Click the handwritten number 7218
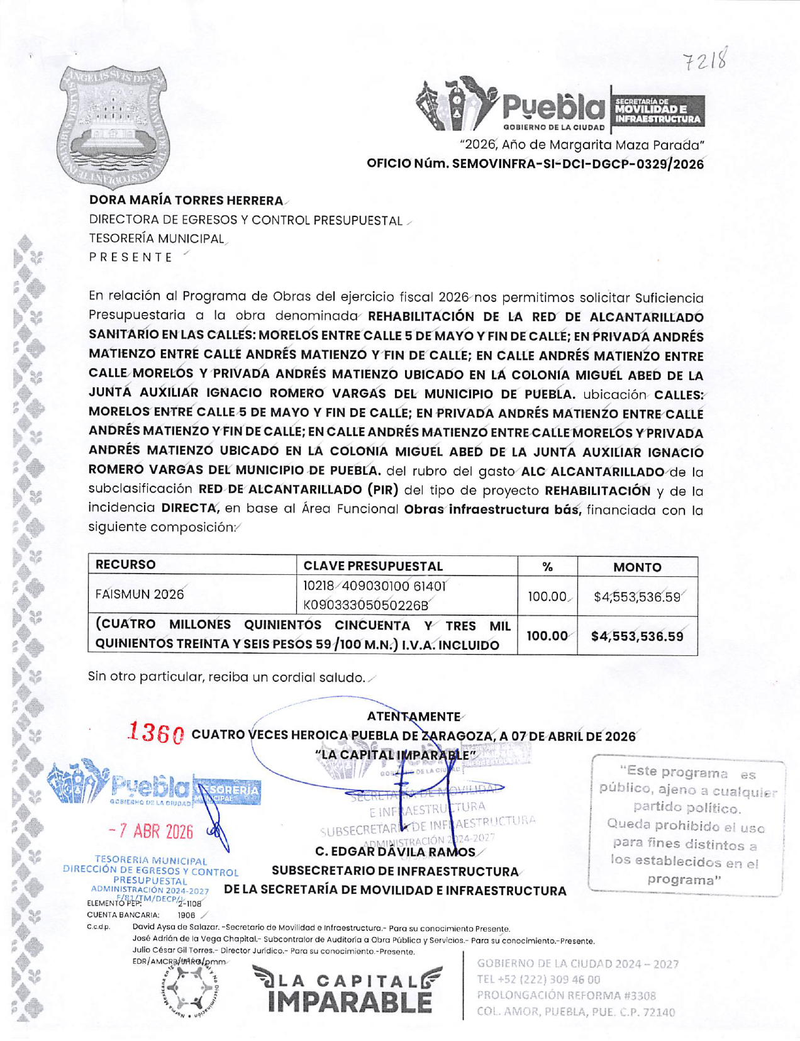(x=705, y=61)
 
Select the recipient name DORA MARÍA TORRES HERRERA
(x=186, y=201)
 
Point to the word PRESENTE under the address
(x=131, y=257)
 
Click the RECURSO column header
(x=126, y=565)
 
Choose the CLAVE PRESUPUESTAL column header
(x=373, y=566)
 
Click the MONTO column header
(x=636, y=567)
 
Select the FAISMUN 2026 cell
(x=140, y=594)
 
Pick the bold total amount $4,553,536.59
(x=636, y=637)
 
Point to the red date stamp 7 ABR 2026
(x=151, y=832)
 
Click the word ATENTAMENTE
(x=413, y=716)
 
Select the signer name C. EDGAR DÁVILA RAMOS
(x=395, y=852)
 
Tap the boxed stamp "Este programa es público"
(x=686, y=825)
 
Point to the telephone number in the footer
(x=538, y=979)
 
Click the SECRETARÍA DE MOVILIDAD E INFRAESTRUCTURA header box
(x=657, y=111)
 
